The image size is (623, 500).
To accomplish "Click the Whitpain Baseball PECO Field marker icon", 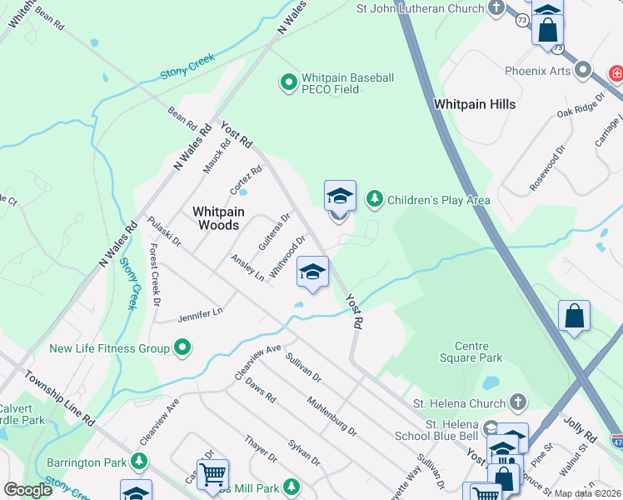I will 288,82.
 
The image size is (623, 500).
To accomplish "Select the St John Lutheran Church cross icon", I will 497,8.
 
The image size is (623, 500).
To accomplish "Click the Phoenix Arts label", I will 537,71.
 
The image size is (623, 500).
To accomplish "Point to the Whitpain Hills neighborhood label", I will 474,104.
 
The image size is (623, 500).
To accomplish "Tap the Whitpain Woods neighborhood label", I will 216,218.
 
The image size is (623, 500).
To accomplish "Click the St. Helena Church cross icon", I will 518,403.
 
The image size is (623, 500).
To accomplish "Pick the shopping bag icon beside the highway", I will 574,316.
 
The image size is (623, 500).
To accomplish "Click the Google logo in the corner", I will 27,490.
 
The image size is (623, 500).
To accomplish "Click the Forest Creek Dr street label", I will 153,275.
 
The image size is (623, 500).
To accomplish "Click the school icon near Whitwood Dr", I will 312,272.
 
